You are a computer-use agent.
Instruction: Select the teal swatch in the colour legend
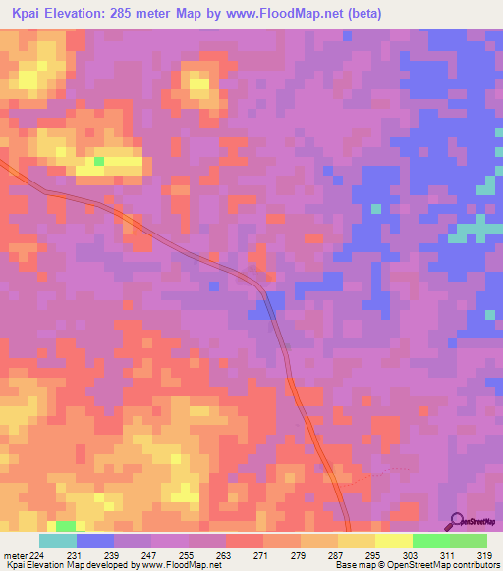[x=57, y=541]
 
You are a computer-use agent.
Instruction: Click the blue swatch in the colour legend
[x=94, y=541]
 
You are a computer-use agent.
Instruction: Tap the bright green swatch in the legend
[x=430, y=541]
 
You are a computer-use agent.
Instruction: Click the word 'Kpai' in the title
[x=30, y=14]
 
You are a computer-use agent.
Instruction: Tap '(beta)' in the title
[x=363, y=14]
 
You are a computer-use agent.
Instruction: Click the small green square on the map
[x=98, y=160]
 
